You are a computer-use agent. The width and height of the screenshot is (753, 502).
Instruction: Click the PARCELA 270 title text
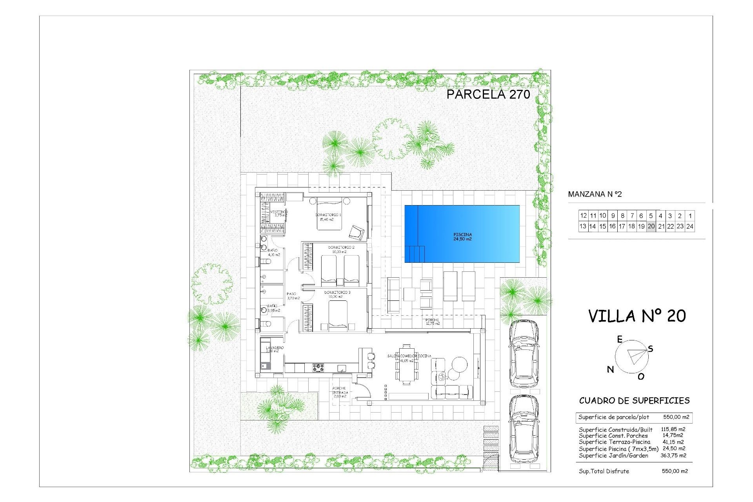[488, 94]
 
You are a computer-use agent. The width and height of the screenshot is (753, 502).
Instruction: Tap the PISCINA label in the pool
[462, 236]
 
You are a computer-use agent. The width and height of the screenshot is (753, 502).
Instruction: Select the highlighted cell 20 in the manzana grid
[651, 226]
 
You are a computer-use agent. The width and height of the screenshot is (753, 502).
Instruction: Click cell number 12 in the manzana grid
[583, 216]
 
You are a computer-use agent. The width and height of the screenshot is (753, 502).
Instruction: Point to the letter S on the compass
[651, 349]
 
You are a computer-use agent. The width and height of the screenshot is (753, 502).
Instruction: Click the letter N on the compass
[610, 369]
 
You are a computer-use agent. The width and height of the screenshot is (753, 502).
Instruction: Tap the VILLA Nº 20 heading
[637, 316]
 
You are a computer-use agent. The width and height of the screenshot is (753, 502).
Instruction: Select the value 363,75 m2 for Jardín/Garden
[673, 455]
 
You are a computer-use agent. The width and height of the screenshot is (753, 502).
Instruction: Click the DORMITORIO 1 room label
[328, 215]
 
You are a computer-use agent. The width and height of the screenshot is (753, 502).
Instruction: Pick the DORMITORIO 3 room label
[337, 293]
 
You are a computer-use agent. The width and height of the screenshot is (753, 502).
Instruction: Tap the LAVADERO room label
[275, 348]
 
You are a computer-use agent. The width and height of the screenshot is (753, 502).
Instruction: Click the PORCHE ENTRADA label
[339, 392]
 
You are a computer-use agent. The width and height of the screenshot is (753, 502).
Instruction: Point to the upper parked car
[523, 353]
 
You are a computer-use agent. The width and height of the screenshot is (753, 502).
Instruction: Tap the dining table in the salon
[407, 365]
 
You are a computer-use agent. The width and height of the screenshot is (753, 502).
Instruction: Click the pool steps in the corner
[415, 254]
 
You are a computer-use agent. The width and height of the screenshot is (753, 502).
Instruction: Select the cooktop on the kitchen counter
[318, 368]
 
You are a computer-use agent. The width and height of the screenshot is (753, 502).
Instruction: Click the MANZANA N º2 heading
[595, 194]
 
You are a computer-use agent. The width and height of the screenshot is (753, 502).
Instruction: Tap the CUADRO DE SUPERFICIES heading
[634, 401]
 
